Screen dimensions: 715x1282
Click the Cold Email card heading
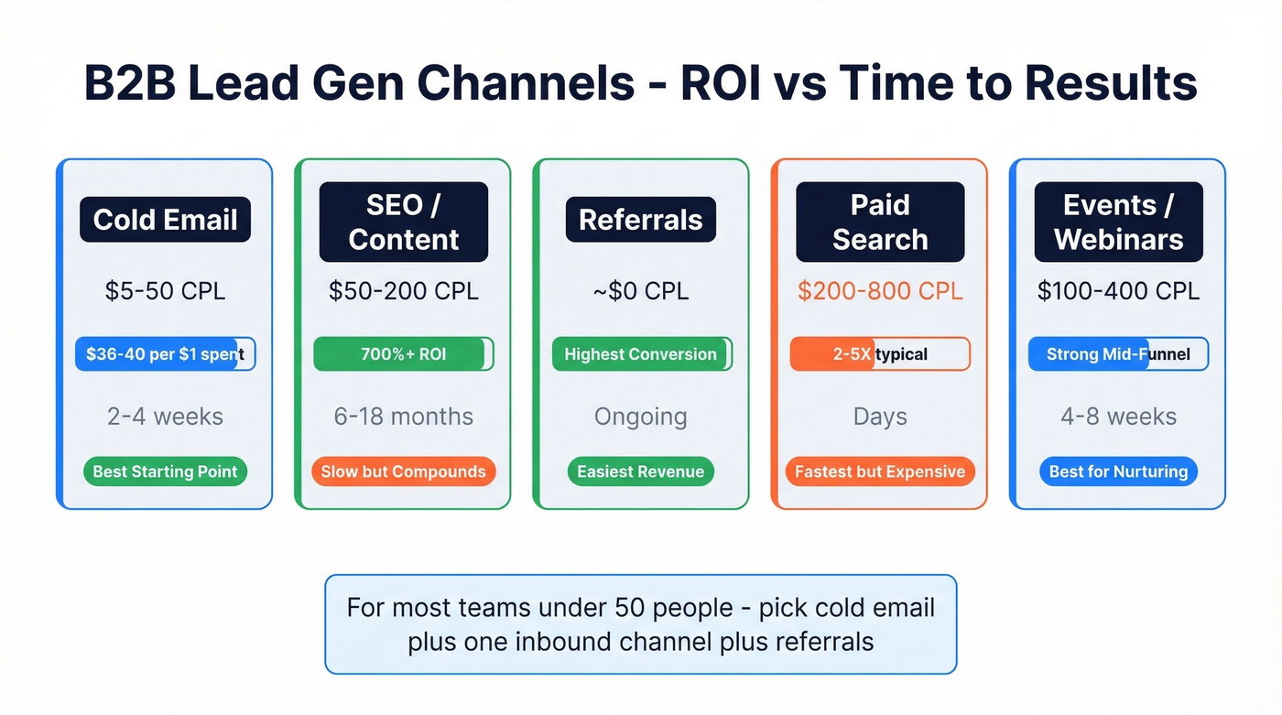coord(165,221)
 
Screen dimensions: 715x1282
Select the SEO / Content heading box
coord(403,222)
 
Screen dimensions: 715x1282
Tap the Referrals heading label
coord(640,221)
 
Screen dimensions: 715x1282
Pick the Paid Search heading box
coord(879,222)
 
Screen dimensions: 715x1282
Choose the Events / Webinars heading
coord(1118,222)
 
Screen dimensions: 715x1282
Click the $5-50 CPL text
coord(165,291)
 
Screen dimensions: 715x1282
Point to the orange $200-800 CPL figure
coord(879,291)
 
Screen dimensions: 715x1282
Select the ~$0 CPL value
coord(640,291)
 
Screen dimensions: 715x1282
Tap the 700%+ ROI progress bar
coord(403,354)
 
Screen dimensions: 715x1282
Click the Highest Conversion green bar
coord(640,354)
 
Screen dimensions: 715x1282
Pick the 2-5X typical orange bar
coord(879,354)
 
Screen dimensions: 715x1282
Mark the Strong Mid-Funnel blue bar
coord(1118,354)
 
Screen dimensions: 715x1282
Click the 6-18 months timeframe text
coord(403,417)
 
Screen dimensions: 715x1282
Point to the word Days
coord(879,417)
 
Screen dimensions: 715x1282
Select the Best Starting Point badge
coord(165,472)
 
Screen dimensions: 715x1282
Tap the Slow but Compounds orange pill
coord(403,472)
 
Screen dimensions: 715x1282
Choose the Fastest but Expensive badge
coord(879,472)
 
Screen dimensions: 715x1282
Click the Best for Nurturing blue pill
coord(1118,472)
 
